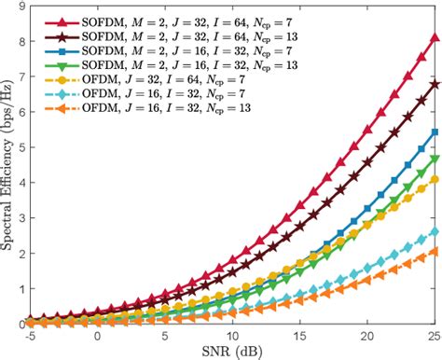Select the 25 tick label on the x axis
pos(433,334)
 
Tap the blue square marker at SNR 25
pos(434,132)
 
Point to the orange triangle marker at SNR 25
pos(434,252)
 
